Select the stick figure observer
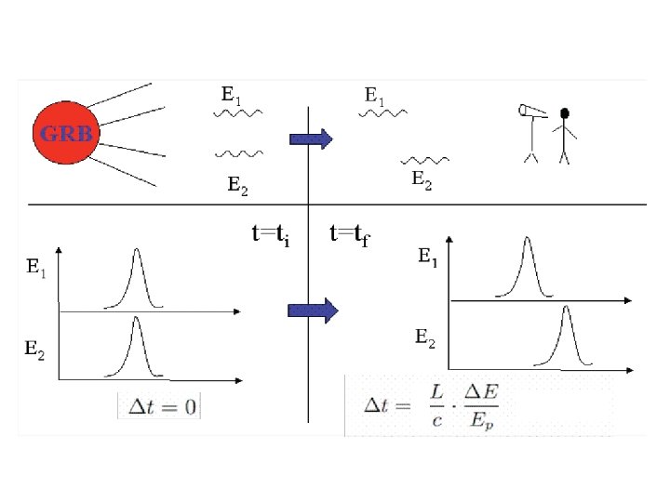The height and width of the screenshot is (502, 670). click(x=563, y=135)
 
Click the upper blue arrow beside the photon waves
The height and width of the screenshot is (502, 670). click(x=311, y=140)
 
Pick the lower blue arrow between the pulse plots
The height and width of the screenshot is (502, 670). click(x=311, y=310)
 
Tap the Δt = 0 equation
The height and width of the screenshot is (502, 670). click(x=158, y=407)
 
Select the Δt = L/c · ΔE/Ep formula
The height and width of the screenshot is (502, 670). click(x=431, y=405)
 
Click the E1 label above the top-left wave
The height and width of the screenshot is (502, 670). click(x=231, y=94)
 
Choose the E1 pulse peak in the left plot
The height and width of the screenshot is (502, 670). click(x=137, y=251)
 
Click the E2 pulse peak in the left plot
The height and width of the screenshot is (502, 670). click(x=137, y=320)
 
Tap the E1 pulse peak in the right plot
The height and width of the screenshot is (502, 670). click(x=528, y=241)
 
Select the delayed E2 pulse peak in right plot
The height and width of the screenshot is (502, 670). click(x=564, y=309)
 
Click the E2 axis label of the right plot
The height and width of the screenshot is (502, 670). click(x=424, y=337)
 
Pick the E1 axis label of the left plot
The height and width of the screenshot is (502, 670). click(x=36, y=269)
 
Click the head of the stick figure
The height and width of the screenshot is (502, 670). click(x=563, y=114)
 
